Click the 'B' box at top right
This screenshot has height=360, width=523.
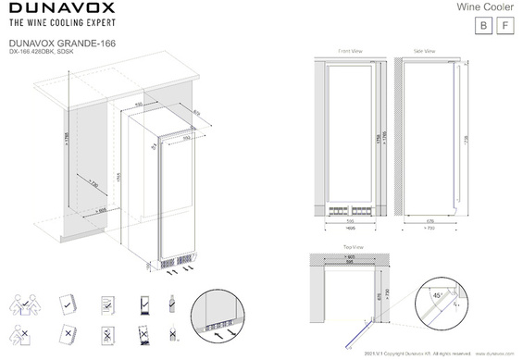(x=479, y=26)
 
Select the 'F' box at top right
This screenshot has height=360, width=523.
(x=504, y=26)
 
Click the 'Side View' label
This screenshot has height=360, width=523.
(x=427, y=51)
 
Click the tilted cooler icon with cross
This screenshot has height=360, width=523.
(x=106, y=333)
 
